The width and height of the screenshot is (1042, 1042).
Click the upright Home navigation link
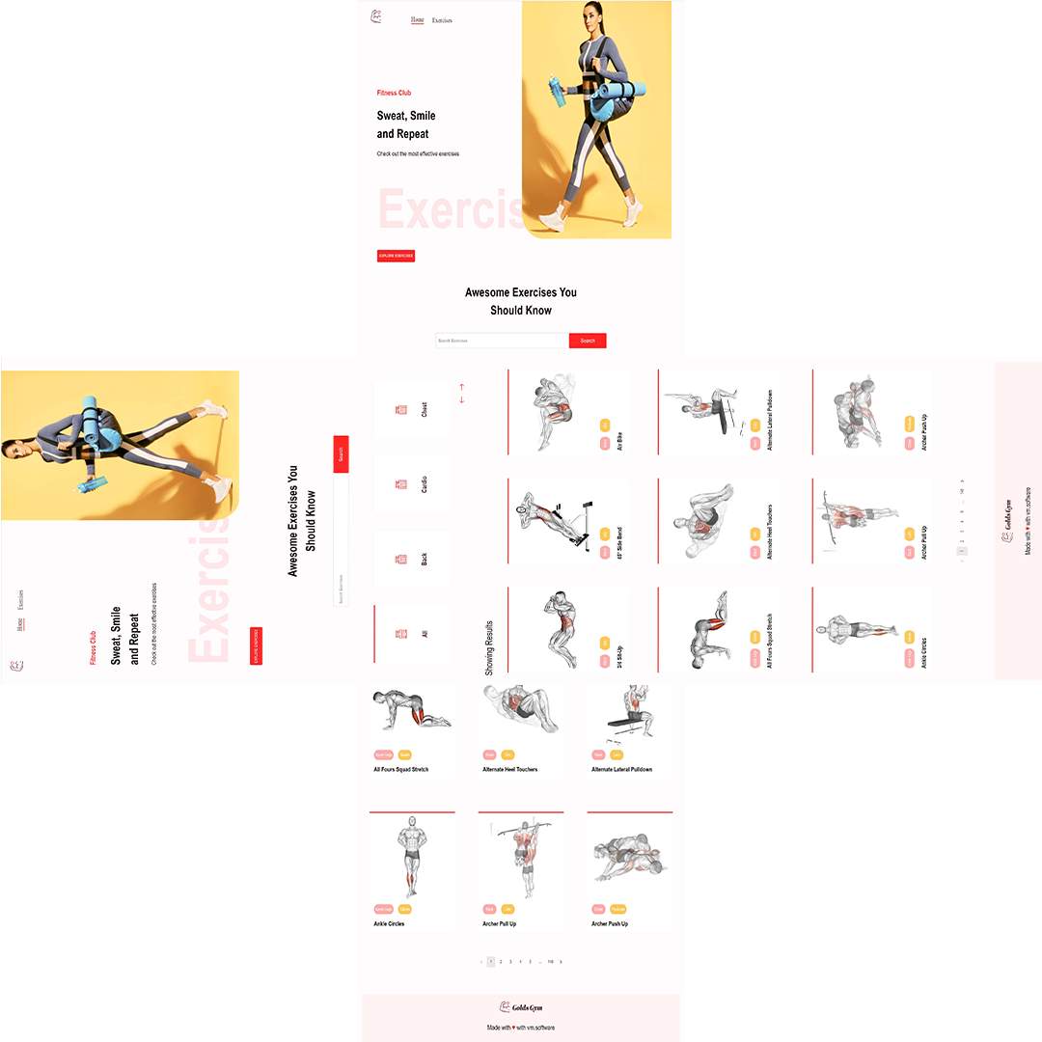click(x=417, y=20)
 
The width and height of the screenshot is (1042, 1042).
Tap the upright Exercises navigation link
click(x=442, y=20)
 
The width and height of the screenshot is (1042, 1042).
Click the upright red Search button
click(x=588, y=341)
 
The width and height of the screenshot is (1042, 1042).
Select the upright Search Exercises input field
click(x=502, y=341)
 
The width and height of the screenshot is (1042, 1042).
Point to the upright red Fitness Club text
click(x=394, y=93)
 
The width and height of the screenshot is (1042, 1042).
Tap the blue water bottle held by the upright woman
click(x=557, y=93)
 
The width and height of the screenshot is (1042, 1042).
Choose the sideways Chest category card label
click(x=424, y=410)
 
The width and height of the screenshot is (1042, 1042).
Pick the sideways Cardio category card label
click(x=424, y=484)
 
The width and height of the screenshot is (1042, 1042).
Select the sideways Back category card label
click(x=424, y=559)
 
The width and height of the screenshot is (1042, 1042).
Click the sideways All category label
click(x=424, y=634)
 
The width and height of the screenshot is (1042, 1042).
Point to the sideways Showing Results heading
click(x=489, y=646)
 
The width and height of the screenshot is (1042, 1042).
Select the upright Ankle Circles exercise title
click(x=389, y=923)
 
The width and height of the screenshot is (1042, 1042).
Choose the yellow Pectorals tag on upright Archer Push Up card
click(x=617, y=909)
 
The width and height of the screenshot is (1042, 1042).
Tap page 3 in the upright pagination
click(x=510, y=962)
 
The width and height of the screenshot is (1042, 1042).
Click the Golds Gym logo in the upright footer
click(x=520, y=1007)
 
